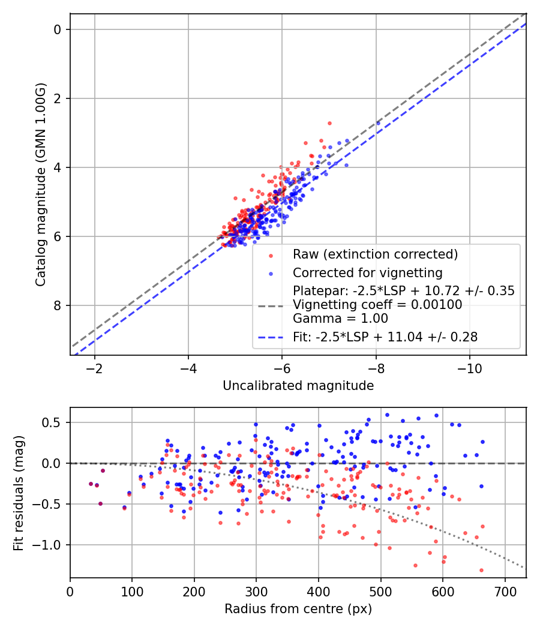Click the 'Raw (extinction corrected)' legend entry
point(375,254)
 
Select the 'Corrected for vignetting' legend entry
point(367,273)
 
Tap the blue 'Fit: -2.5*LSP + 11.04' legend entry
point(385,337)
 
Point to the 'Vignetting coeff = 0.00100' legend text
point(377,305)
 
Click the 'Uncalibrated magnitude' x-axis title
point(298,385)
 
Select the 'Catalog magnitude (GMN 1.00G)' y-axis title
point(41,185)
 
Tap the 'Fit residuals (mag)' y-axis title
point(19,493)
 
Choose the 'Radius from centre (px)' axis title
point(298,609)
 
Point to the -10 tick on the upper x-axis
point(470,367)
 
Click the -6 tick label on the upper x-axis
point(282,367)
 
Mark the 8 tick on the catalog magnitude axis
point(58,305)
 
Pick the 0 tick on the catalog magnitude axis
point(58,29)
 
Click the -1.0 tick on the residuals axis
point(52,545)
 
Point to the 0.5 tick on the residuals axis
point(56,422)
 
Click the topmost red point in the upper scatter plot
point(329,123)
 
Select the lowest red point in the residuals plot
point(481,570)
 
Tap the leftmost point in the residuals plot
point(91,484)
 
